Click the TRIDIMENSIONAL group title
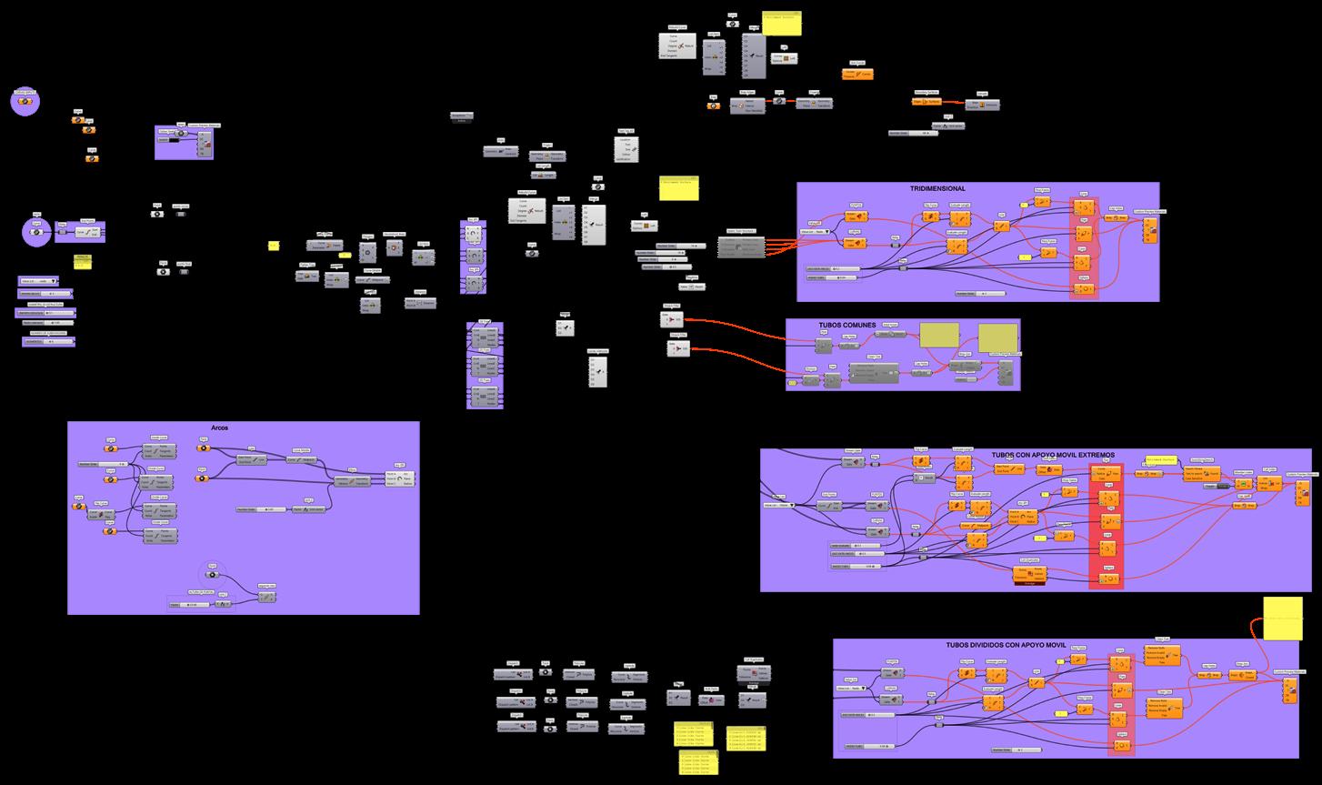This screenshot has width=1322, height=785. pos(937,188)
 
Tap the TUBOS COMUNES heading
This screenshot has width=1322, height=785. pos(847,325)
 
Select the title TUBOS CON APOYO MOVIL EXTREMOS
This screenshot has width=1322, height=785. pos(1052,455)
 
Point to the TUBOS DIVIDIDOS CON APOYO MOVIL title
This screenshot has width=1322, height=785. pos(1005,644)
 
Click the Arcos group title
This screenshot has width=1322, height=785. pos(218,428)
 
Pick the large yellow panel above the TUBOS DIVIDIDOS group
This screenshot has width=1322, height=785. pos(1282,619)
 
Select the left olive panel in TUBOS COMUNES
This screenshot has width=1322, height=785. pos(938,335)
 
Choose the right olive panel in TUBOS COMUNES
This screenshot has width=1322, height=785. pos(997,337)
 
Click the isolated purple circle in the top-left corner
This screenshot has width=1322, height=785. pos(25,101)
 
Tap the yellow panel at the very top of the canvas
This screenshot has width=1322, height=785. pos(782,24)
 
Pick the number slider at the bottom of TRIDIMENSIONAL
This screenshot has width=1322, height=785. pos(981,294)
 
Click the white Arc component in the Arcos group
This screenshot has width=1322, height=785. pos(405,478)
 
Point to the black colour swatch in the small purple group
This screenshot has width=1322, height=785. pos(169,139)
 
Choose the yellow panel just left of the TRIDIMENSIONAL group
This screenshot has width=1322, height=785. pos(677,187)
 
